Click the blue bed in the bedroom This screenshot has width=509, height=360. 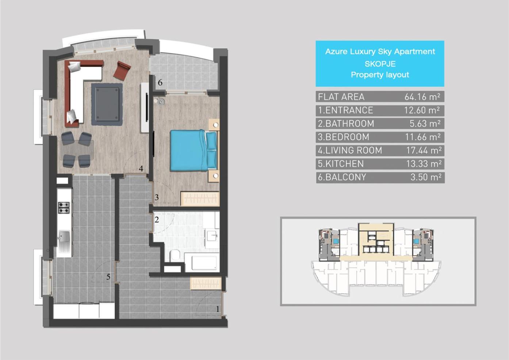(x=193, y=150)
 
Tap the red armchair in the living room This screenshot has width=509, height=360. (x=122, y=71)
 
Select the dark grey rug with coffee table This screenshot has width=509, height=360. (x=107, y=104)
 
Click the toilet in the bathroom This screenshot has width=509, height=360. (x=175, y=255)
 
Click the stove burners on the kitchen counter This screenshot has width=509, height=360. (x=64, y=207)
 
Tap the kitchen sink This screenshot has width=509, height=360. (x=64, y=241)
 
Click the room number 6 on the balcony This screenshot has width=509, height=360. (x=160, y=83)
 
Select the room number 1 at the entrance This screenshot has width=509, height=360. (x=218, y=309)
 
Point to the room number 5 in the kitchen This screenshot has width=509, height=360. (x=108, y=277)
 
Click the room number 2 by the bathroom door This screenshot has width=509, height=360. (x=157, y=219)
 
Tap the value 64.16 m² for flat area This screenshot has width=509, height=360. (x=422, y=97)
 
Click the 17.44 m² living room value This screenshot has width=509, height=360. (x=424, y=150)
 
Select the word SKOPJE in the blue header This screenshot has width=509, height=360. (x=380, y=64)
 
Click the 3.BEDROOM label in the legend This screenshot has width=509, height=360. (x=344, y=137)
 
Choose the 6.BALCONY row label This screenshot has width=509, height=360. (x=342, y=177)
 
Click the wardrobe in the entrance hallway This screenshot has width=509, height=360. (x=206, y=283)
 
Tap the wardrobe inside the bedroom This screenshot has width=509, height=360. (x=200, y=199)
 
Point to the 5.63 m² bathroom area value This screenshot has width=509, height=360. (x=425, y=124)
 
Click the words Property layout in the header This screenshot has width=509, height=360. (x=380, y=75)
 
